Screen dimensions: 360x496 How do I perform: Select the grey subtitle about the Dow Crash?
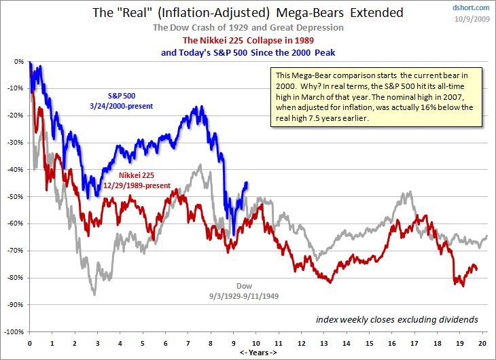pyautogui.click(x=248, y=27)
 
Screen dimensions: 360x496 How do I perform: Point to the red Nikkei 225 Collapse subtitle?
pyautogui.click(x=248, y=40)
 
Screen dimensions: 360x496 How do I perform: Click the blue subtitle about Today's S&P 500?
pyautogui.click(x=248, y=52)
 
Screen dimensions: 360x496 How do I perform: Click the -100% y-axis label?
pyautogui.click(x=14, y=331)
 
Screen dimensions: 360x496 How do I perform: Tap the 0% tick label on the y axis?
pyautogui.click(x=18, y=60)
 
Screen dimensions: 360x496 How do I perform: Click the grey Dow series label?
pyautogui.click(x=244, y=285)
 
